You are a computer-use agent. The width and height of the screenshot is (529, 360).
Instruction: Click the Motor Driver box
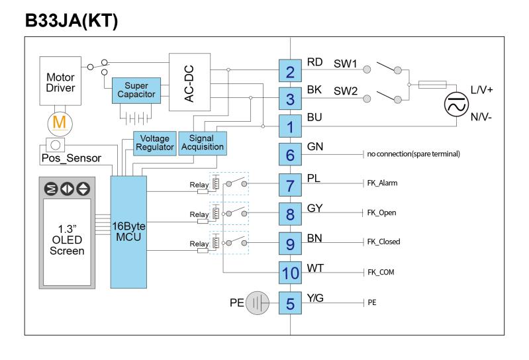coord(60,81)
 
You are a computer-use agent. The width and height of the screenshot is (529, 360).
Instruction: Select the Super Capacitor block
coord(136,91)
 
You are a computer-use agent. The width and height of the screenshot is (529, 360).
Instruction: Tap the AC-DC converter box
coord(189,82)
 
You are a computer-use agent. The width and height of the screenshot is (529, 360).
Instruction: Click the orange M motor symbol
coord(60,123)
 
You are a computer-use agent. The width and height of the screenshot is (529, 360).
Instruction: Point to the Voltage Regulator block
coord(155,143)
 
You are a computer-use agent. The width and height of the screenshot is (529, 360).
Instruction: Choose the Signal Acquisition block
coord(203,143)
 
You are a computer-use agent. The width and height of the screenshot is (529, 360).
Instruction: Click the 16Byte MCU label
coord(128,232)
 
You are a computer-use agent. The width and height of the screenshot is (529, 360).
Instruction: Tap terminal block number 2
coord(290,71)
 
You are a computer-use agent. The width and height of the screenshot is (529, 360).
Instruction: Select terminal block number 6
coord(290,154)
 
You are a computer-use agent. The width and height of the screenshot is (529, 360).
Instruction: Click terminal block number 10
coord(290,273)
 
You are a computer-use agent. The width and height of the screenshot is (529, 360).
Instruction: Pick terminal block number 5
coord(290,303)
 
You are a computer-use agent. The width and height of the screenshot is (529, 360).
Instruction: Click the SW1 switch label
coord(345,64)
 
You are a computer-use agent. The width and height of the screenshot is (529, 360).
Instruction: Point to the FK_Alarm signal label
coord(382,183)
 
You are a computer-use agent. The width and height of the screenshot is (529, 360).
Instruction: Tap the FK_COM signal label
coord(381,272)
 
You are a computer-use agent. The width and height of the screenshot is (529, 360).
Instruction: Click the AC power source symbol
coord(456,105)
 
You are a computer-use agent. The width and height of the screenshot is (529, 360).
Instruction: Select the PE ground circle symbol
coord(258,302)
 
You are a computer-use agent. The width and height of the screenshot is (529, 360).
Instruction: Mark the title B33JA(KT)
coord(72,21)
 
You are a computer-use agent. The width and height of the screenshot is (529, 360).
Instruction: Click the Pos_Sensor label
coord(72,157)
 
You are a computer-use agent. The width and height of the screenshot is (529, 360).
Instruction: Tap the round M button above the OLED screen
coord(51,189)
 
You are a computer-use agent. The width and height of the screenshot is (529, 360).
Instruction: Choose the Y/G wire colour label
coord(315,298)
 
